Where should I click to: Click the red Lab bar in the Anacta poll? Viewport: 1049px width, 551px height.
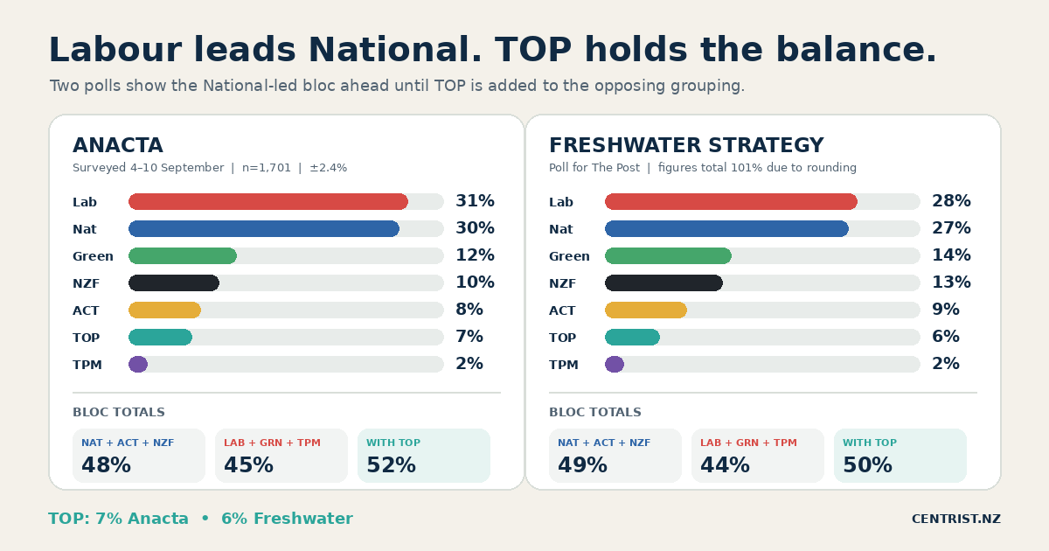[x=268, y=201]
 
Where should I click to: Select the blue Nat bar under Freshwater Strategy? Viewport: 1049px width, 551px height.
[x=726, y=228]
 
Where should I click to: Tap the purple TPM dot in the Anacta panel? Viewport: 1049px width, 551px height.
[x=138, y=365]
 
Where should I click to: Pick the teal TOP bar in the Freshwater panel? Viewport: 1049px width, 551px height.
[x=632, y=338]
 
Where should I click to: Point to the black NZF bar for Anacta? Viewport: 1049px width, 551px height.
[x=174, y=283]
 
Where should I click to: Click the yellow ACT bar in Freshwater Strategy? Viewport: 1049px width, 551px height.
[x=646, y=310]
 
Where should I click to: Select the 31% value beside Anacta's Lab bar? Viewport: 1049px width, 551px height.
[x=475, y=201]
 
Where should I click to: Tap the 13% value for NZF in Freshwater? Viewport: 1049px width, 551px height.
[x=951, y=282]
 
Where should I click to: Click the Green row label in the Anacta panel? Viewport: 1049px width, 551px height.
[x=93, y=256]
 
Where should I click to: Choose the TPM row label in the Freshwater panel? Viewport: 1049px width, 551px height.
[x=563, y=365]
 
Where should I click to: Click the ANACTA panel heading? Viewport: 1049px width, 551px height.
[x=117, y=145]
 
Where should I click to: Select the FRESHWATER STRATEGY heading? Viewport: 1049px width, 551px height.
[x=686, y=145]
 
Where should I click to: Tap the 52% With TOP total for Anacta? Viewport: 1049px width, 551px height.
[x=391, y=465]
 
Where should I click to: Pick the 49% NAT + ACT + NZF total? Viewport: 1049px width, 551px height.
[x=582, y=465]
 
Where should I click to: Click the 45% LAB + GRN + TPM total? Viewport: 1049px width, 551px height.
[x=248, y=465]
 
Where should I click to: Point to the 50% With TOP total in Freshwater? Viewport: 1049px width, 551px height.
[x=867, y=465]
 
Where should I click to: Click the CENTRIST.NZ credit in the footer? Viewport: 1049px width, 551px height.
[x=955, y=520]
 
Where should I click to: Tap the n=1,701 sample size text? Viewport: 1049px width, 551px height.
[x=267, y=168]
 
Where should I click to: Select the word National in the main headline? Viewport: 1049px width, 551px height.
[x=395, y=49]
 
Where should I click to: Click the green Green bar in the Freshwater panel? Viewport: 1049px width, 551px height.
[x=668, y=255]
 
